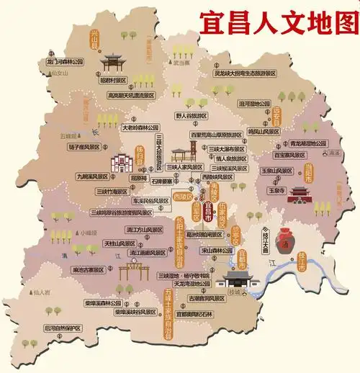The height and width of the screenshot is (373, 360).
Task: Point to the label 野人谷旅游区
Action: [x=190, y=115]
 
